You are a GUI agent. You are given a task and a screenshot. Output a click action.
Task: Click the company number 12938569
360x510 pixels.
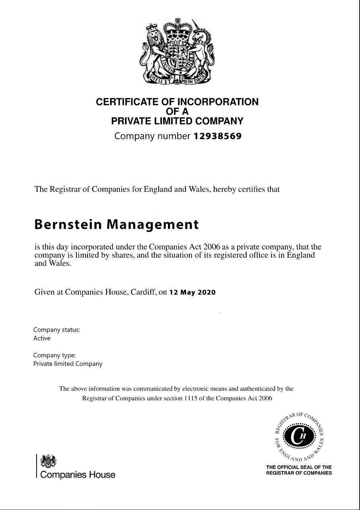(x=217, y=136)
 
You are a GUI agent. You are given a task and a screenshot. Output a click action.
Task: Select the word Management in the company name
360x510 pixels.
(x=152, y=225)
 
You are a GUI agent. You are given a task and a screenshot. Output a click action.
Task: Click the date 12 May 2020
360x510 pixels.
(x=192, y=293)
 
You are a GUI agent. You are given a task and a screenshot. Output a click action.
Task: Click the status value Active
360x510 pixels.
(x=42, y=338)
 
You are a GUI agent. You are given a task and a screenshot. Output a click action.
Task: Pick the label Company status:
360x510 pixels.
(x=57, y=330)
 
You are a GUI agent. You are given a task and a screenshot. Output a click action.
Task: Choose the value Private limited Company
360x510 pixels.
(x=67, y=364)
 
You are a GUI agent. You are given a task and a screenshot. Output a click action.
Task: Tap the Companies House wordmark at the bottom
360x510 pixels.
(x=76, y=475)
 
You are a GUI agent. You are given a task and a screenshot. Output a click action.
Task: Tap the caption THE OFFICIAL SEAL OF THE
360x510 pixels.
(x=299, y=467)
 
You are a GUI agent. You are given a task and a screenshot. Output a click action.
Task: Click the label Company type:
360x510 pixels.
(x=54, y=355)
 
